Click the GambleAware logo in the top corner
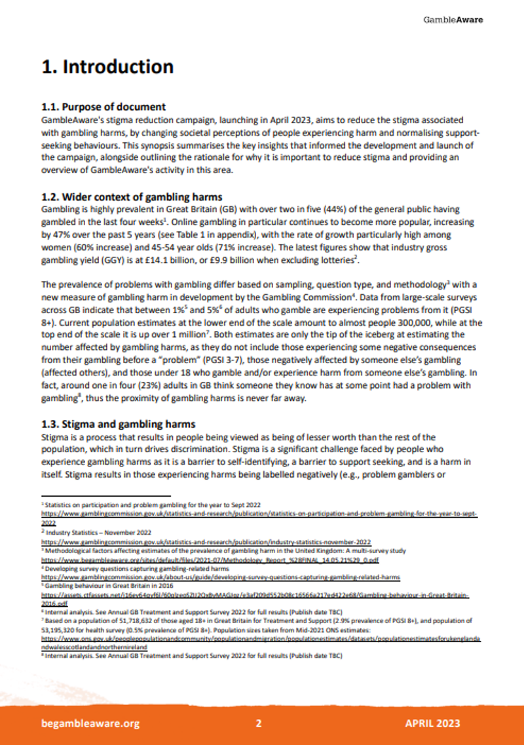point(453,20)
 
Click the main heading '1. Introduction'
point(107,67)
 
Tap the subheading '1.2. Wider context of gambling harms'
point(132,197)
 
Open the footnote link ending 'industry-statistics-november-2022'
point(206,543)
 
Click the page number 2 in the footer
point(259,723)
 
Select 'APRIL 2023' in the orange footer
point(432,723)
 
